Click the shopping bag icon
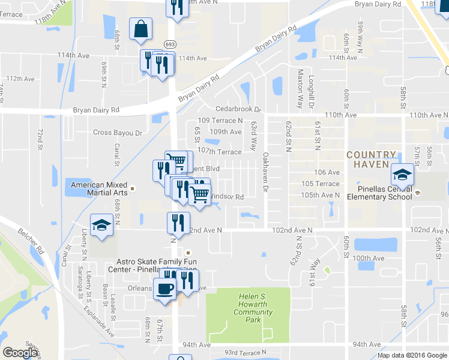point(140,29)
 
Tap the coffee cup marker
point(165,289)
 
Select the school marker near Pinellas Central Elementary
point(400,175)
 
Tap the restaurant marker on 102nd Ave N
point(178,223)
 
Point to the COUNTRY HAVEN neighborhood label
point(371,160)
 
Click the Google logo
point(20,353)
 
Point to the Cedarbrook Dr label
point(240,110)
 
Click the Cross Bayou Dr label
point(117,133)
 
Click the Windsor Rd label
point(227,197)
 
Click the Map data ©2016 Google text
point(411,355)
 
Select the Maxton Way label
point(301,88)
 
